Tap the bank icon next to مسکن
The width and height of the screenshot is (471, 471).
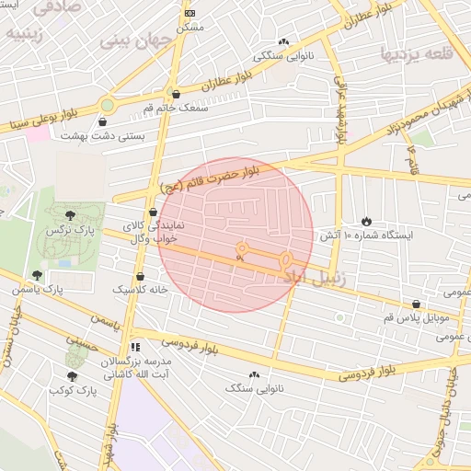coord(190,13)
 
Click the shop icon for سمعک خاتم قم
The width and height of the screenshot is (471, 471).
coord(176,94)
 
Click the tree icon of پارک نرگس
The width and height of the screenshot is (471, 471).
coord(71,214)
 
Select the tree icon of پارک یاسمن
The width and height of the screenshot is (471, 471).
coord(37,275)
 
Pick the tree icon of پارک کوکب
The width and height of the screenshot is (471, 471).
coord(73,375)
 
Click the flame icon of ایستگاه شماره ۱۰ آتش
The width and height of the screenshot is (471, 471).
coord(366,221)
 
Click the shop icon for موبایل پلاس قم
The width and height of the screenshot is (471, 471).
coord(417,304)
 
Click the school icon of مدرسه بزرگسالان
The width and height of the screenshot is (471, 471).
coord(136,347)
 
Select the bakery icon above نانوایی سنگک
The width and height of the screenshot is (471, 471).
coord(254,374)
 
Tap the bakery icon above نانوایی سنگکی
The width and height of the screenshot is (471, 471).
coord(283,41)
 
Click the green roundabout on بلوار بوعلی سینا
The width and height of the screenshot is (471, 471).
coord(108,105)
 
